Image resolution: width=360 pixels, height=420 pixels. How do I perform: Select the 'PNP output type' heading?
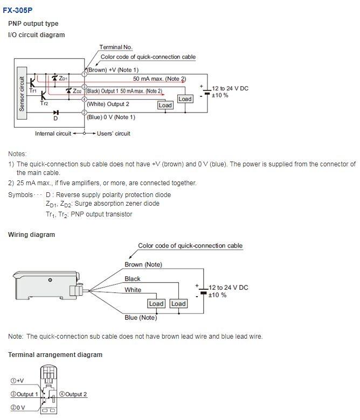33,24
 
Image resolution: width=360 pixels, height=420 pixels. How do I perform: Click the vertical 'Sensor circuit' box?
22,89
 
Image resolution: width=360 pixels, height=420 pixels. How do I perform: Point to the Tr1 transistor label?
33,92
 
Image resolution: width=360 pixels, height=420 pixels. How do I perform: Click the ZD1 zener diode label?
63,79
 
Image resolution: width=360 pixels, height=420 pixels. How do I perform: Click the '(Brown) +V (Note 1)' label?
113,70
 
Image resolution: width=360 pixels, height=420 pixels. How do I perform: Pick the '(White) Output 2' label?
108,104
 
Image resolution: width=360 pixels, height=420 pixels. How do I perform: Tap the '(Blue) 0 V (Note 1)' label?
111,117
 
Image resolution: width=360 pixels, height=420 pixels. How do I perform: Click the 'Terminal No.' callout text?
116,47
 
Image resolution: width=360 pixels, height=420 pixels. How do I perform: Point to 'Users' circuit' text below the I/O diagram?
114,134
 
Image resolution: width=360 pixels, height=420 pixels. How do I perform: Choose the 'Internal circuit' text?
53,134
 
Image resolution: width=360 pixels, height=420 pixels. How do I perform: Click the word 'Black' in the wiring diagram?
133,279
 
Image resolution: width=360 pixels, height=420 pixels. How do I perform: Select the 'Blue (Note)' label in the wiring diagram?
141,318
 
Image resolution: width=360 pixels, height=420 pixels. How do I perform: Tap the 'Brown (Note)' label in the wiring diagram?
143,264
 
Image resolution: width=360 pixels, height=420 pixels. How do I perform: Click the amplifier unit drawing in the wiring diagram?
46,283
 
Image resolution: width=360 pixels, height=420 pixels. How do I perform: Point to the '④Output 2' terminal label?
73,394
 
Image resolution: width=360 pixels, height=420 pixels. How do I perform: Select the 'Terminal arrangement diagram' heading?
55,355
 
